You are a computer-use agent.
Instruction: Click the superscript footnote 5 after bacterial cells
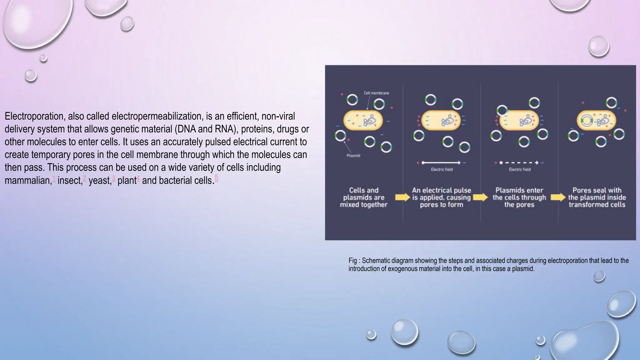(216, 178)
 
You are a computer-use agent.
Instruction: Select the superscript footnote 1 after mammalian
(54, 178)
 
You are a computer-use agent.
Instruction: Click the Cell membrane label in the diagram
(376, 93)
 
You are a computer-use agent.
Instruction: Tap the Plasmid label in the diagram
(353, 156)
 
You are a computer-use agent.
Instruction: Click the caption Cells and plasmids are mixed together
(364, 197)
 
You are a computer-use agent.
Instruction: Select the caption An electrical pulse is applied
(441, 197)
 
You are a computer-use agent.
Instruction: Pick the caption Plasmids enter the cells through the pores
(519, 197)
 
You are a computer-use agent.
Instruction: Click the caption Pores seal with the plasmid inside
(597, 197)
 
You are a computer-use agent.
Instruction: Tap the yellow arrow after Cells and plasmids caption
(402, 197)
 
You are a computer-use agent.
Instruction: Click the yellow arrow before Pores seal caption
(558, 197)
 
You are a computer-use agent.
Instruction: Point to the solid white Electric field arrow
(441, 162)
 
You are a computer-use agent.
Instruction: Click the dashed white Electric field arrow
(519, 162)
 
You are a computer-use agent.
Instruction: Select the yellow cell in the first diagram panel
(363, 120)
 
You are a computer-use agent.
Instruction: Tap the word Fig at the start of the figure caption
(352, 261)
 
